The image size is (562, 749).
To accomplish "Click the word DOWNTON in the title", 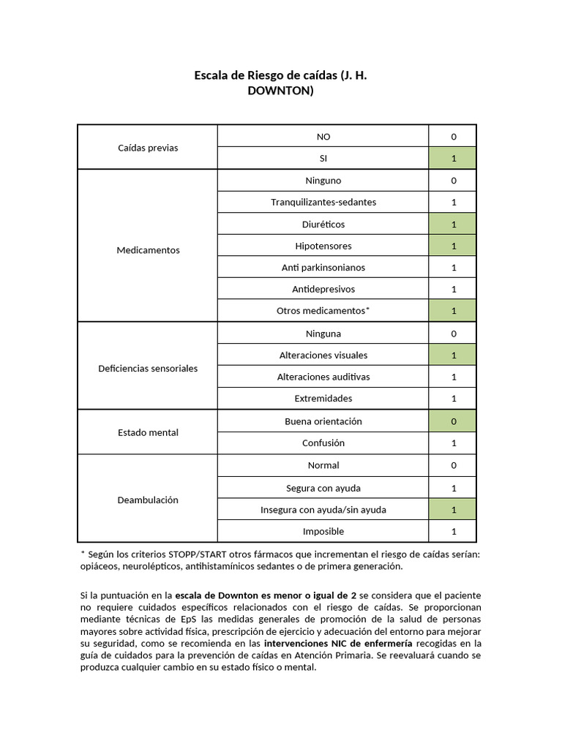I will coord(281,91).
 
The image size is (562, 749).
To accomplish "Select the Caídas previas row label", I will coord(148,148).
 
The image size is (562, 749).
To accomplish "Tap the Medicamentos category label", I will coord(148,250).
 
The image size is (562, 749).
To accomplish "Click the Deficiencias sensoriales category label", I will coord(148,369).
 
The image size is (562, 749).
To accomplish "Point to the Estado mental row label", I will coord(148,432).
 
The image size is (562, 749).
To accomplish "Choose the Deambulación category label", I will coord(148,500).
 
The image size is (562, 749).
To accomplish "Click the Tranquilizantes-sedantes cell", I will coord(323,202).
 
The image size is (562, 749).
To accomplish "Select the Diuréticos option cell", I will coord(323,224).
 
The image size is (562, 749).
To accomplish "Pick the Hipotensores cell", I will coord(323,246).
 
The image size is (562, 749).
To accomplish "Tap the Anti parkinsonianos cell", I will coord(323,268).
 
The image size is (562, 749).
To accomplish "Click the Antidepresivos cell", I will coord(323,289).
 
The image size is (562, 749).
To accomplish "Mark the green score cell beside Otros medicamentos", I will coord(454,311).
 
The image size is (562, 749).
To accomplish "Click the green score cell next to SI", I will coord(454,158).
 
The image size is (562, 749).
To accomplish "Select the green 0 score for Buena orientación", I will coord(454,421).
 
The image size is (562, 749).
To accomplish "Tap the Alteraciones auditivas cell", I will coord(323,377).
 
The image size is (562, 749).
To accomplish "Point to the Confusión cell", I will coord(323,443).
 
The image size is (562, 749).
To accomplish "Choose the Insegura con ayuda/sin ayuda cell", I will coord(323,510).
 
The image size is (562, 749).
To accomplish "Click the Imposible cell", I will coord(323,532).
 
